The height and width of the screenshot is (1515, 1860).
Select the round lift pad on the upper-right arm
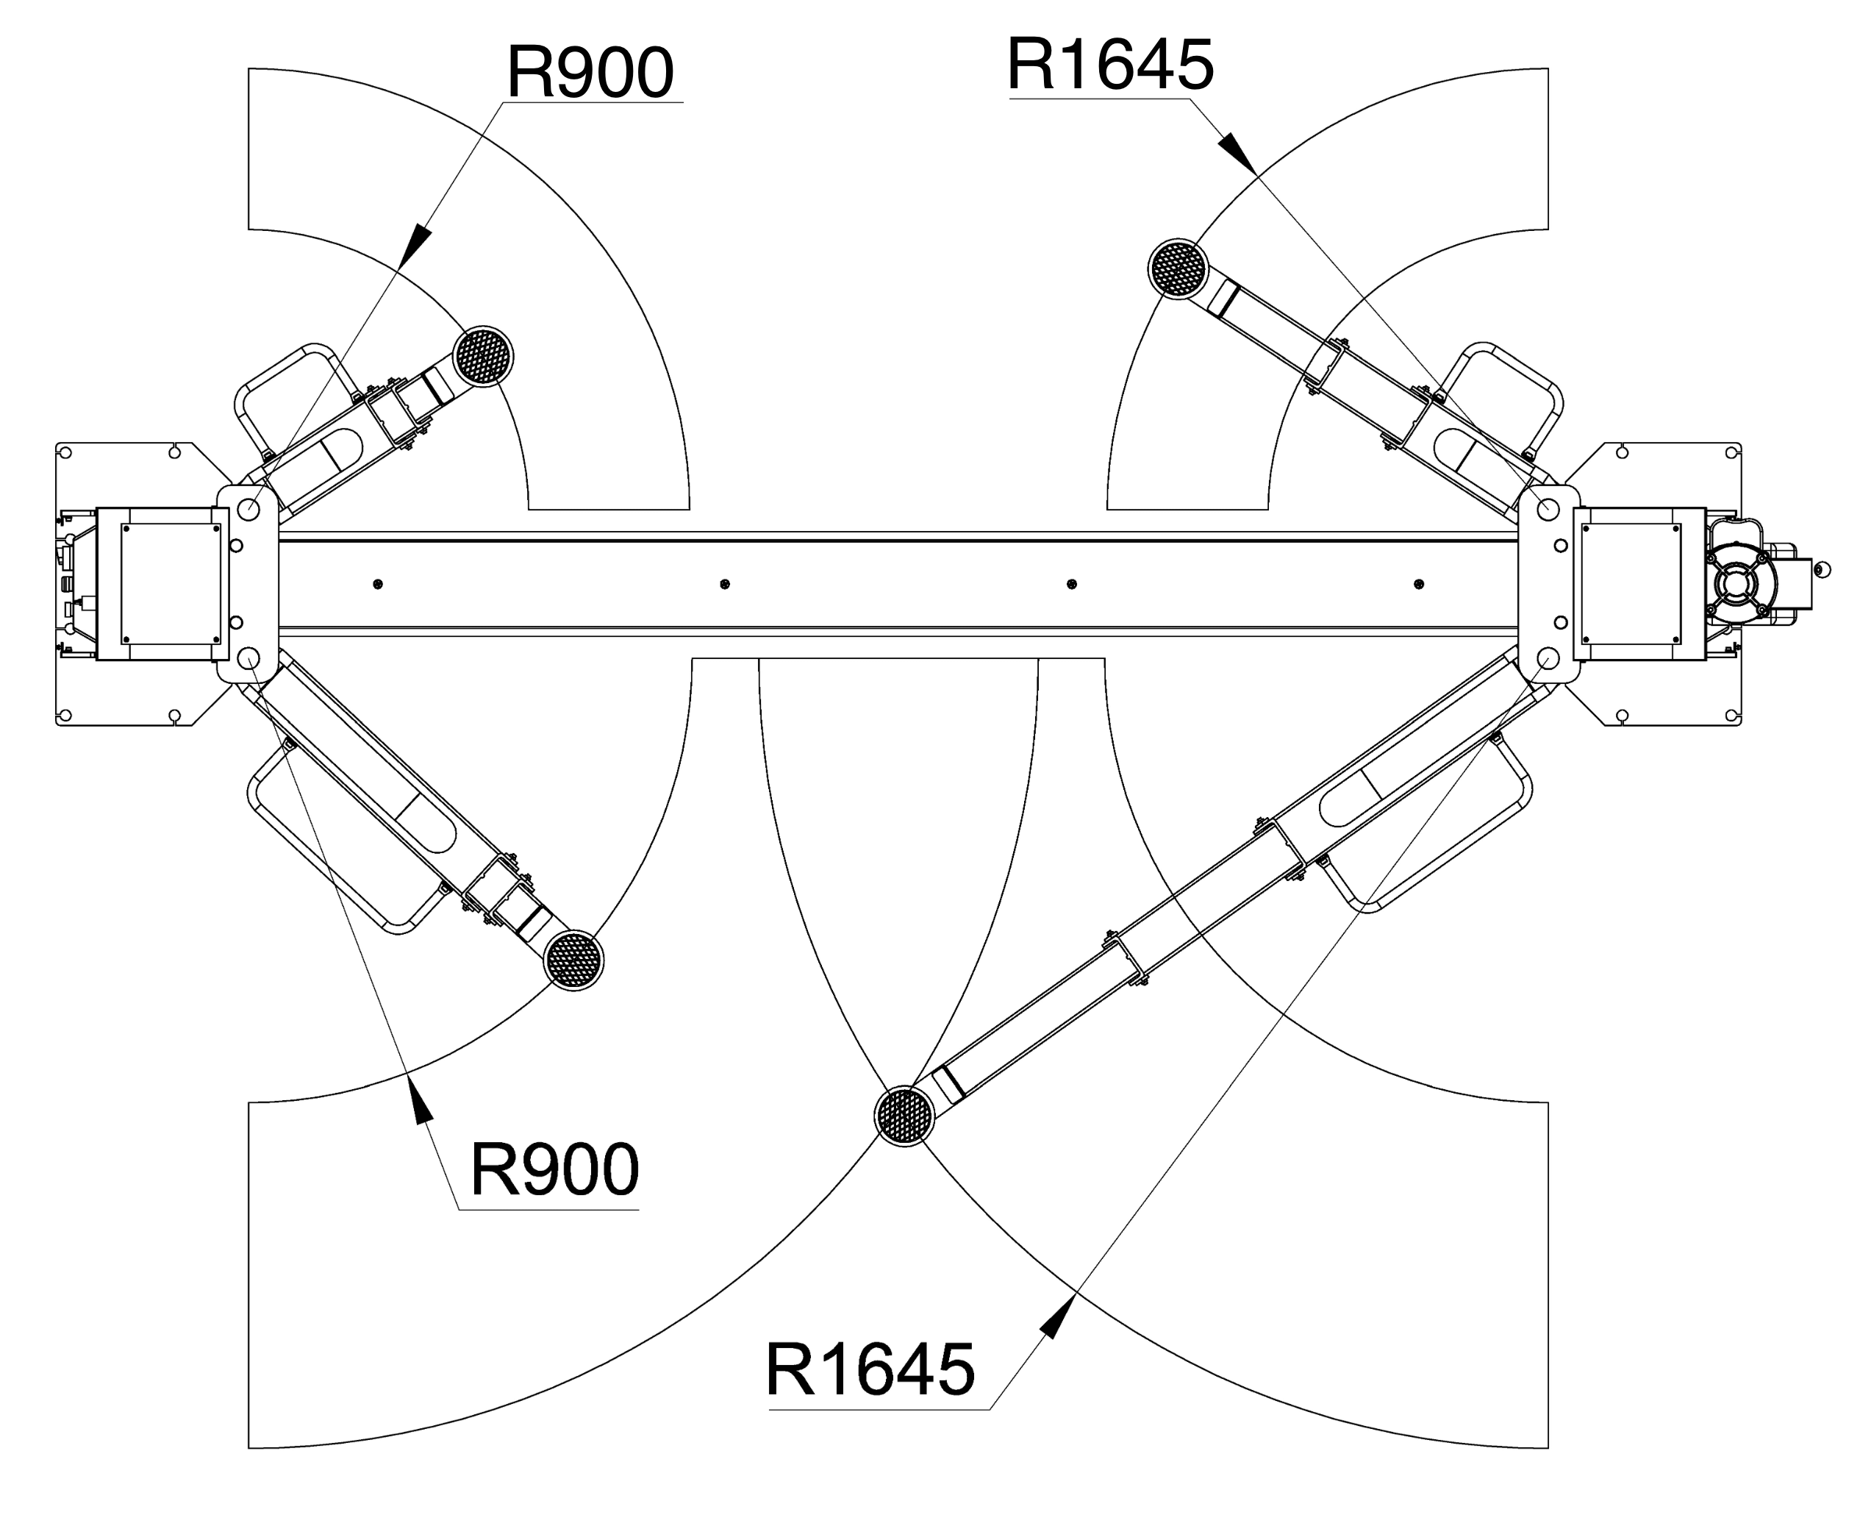pos(1178,268)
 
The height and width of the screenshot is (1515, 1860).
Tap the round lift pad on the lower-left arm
pos(573,960)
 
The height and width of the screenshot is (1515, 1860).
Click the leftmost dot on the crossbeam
pos(378,584)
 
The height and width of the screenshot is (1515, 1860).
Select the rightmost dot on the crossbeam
pos(1420,584)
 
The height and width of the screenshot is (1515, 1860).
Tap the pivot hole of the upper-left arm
pos(248,509)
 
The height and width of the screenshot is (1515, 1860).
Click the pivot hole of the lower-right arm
pos(1548,657)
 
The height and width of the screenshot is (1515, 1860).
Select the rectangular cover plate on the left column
pos(170,584)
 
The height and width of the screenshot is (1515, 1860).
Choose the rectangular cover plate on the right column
pos(1631,584)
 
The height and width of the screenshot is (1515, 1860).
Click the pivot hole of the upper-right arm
pos(1548,509)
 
